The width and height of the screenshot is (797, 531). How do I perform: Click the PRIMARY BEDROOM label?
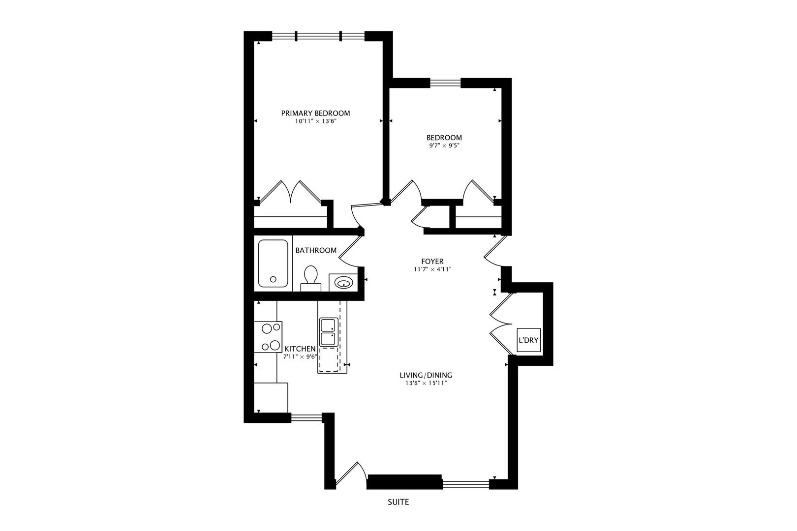pyautogui.click(x=315, y=114)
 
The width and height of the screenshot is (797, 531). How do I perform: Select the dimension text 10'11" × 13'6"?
pyautogui.click(x=315, y=121)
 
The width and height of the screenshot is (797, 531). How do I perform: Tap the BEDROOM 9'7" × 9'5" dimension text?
pyautogui.click(x=444, y=146)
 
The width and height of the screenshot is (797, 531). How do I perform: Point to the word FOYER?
pyautogui.click(x=432, y=262)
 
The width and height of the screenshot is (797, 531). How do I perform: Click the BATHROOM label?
pyautogui.click(x=316, y=250)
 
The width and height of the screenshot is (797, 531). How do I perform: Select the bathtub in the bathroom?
pyautogui.click(x=273, y=264)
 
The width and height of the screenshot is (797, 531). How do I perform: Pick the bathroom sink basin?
pyautogui.click(x=343, y=283)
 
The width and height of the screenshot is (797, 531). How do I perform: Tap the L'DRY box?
pyautogui.click(x=528, y=340)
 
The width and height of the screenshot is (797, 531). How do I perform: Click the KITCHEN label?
pyautogui.click(x=300, y=349)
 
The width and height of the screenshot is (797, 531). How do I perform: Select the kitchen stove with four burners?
pyautogui.click(x=268, y=337)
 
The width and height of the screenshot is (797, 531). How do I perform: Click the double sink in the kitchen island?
pyautogui.click(x=328, y=332)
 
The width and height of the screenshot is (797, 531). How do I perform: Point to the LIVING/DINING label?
pyautogui.click(x=426, y=375)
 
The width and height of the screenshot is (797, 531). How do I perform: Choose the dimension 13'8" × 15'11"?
pyautogui.click(x=426, y=383)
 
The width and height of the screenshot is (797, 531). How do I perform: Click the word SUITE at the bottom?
pyautogui.click(x=398, y=502)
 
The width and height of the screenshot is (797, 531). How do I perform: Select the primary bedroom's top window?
pyautogui.click(x=318, y=36)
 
